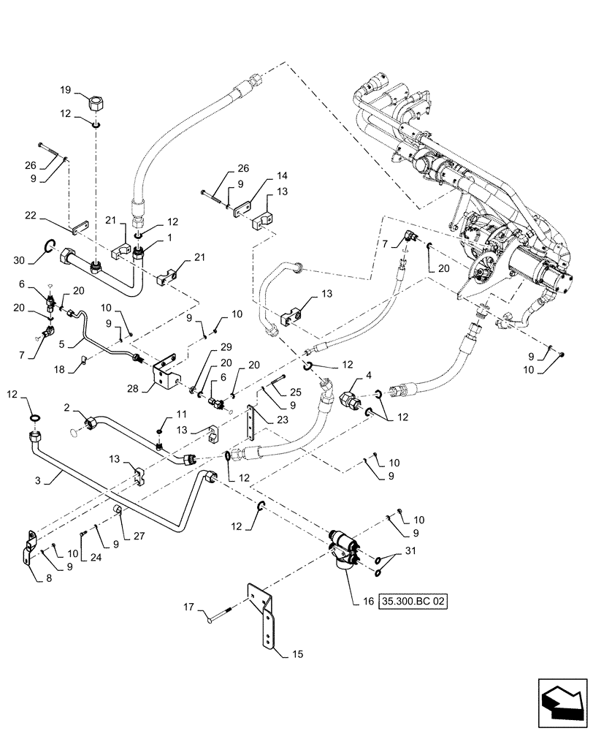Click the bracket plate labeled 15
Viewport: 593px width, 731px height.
tap(264, 616)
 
